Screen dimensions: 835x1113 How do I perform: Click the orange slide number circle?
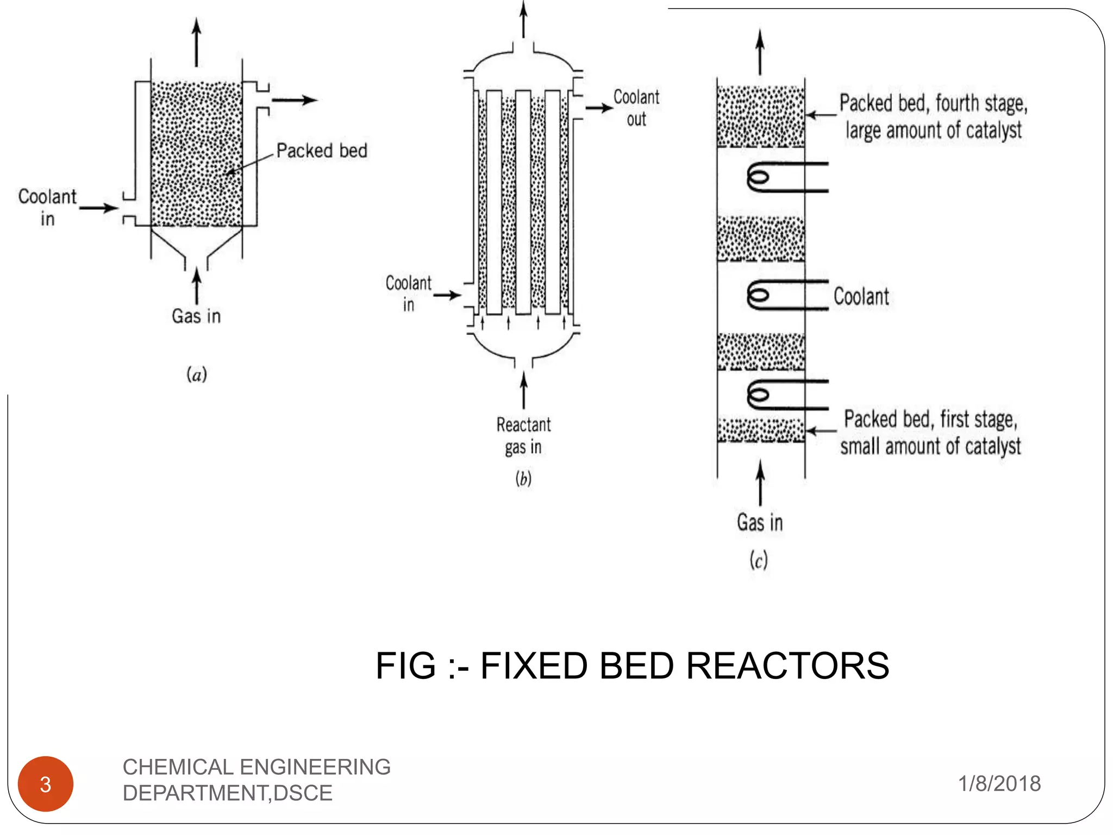point(46,784)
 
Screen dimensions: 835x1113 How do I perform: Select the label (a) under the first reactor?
point(197,375)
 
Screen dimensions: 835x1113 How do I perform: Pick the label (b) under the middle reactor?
point(523,478)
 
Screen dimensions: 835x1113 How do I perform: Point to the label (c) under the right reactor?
point(759,560)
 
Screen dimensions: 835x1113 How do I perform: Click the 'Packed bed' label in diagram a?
point(322,151)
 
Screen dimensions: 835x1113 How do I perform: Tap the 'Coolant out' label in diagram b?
point(636,108)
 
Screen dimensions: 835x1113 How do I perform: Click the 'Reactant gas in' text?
point(523,435)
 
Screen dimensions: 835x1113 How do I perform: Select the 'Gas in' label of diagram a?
point(196,316)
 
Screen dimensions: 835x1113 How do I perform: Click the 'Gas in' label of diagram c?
point(760,522)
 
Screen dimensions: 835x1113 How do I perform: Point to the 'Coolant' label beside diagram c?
point(861,297)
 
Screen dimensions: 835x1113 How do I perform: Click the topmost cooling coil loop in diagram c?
point(759,177)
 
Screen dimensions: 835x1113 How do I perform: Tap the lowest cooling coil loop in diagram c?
point(759,395)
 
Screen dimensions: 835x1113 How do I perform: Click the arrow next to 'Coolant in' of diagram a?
point(99,208)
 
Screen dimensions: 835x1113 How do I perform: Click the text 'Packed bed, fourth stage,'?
point(933,103)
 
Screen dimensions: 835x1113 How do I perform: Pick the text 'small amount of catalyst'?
point(930,446)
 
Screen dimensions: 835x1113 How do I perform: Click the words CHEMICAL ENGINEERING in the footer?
point(257,767)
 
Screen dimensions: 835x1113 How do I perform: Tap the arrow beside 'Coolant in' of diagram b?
point(447,295)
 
